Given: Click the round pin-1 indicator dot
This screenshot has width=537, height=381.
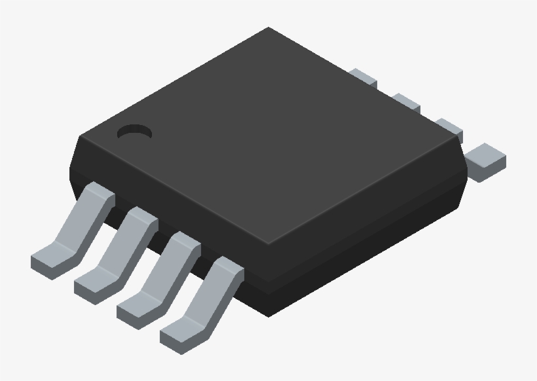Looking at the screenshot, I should pos(134,132).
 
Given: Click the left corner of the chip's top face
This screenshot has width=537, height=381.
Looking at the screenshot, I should pos(80,137).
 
